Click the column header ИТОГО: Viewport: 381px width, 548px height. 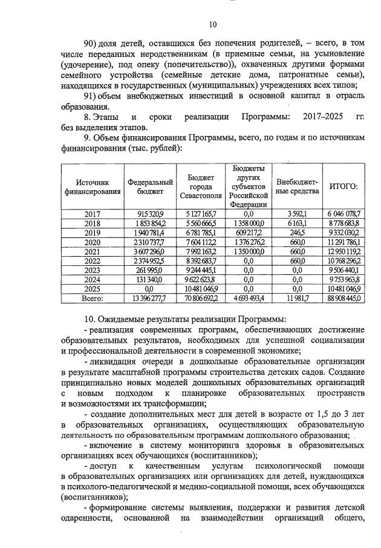[x=343, y=187]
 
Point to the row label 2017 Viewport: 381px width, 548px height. [x=93, y=214]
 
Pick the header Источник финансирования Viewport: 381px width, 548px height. [x=93, y=187]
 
